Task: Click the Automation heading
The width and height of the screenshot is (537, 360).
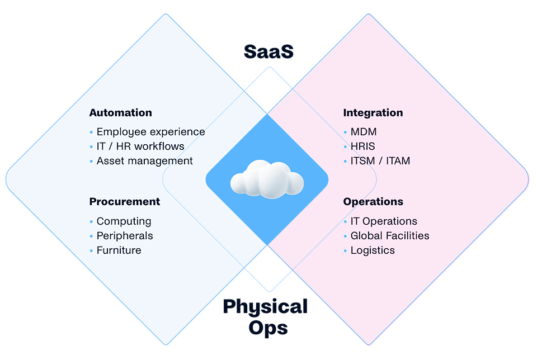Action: [x=120, y=113]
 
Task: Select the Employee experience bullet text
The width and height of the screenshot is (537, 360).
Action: [x=150, y=132]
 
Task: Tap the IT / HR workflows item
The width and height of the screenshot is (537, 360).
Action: [x=140, y=146]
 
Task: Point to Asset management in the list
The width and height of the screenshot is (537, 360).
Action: [x=144, y=161]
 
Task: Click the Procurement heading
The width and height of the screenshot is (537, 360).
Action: [x=124, y=202]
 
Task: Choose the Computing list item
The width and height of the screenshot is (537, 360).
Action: [x=124, y=221]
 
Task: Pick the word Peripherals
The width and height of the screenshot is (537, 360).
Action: [x=124, y=236]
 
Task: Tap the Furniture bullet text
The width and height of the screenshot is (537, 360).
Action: [x=119, y=250]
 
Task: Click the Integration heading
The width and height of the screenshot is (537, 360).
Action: [x=373, y=113]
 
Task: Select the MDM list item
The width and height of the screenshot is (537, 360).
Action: [x=363, y=132]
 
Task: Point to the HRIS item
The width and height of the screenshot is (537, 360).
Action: [x=362, y=146]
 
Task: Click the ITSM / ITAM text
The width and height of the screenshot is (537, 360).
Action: [x=380, y=161]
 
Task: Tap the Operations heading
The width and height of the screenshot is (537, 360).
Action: [x=373, y=202]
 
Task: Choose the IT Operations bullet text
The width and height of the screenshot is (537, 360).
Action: [x=384, y=221]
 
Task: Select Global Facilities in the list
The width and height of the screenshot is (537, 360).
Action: [x=390, y=236]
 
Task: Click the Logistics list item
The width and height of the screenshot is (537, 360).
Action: [x=373, y=250]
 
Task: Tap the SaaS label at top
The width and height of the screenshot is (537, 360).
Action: [x=269, y=51]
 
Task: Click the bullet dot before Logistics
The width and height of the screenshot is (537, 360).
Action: [x=346, y=251]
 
